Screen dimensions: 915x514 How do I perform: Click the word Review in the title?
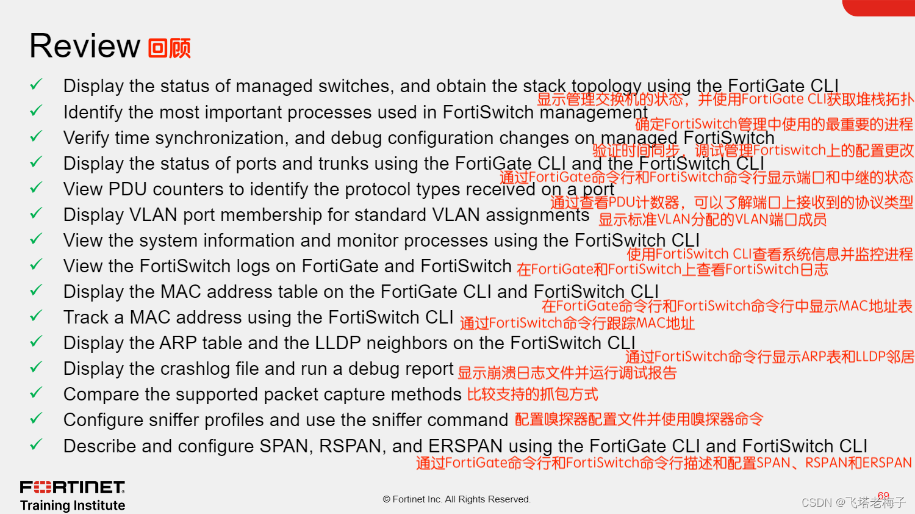[85, 46]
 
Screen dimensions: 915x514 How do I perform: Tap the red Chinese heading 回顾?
[170, 48]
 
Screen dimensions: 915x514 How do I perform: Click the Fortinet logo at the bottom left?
[73, 487]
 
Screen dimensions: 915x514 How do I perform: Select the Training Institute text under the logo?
[73, 505]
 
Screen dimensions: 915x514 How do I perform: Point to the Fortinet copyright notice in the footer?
[457, 499]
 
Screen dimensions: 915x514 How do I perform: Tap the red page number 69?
[883, 495]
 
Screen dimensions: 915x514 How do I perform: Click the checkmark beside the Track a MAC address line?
[36, 316]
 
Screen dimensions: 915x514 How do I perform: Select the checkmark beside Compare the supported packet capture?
[36, 393]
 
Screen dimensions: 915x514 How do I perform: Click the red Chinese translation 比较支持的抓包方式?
[533, 394]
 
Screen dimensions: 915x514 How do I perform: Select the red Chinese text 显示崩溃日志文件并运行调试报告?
[567, 373]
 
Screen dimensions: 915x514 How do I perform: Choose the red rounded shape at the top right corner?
[878, 7]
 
